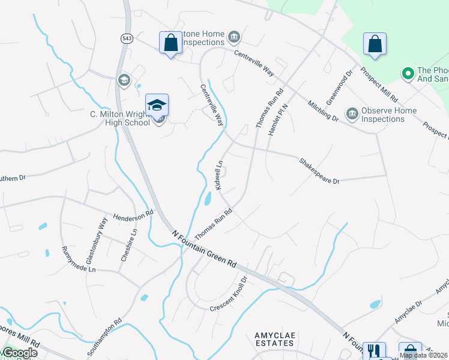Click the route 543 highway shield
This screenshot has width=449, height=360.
pyautogui.click(x=127, y=38)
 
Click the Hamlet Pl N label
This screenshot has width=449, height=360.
pyautogui.click(x=277, y=119)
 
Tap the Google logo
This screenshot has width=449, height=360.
pyautogui.click(x=19, y=352)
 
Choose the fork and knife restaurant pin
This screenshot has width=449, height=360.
pyautogui.click(x=374, y=350)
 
